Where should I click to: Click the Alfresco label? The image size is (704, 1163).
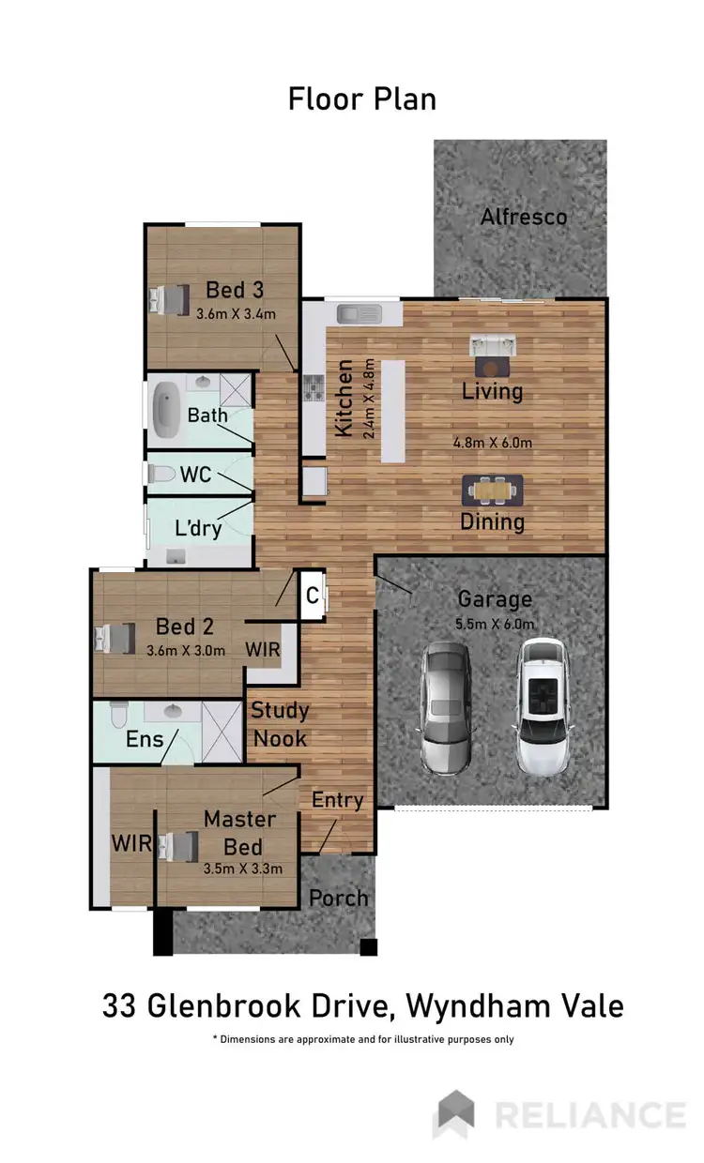523,218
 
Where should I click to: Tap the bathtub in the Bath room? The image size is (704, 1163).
170,408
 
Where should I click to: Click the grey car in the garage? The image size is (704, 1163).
446,707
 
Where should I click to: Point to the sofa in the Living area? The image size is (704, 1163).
493,347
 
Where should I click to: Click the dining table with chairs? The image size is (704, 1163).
493,489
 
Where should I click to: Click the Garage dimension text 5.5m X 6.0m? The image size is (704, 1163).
494,624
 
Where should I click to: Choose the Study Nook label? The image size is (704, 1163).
279,725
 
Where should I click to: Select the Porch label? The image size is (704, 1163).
339,898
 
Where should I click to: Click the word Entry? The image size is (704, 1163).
337,800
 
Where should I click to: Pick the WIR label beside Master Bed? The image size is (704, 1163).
132,843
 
